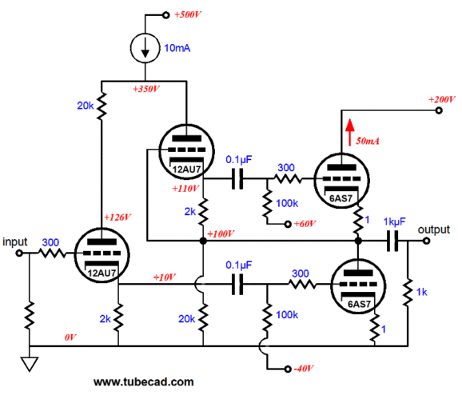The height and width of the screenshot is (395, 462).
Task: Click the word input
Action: click(17, 241)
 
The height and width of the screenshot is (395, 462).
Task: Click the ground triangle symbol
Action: click(30, 364)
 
